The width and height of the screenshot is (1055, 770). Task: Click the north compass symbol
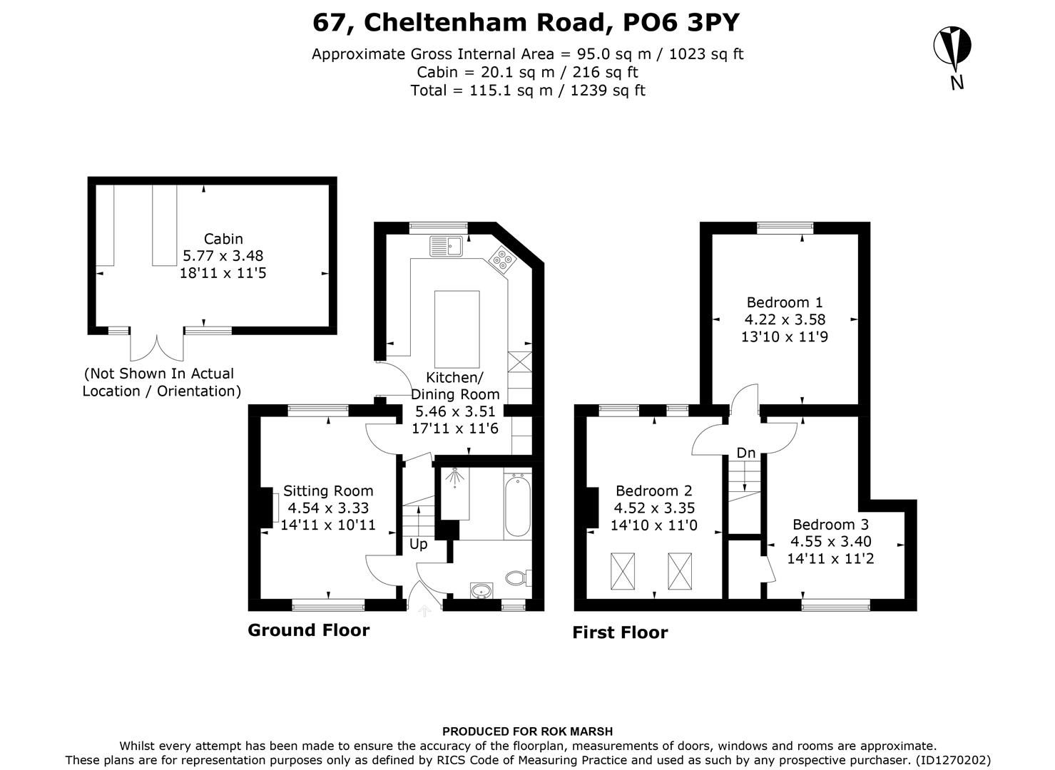(x=952, y=47)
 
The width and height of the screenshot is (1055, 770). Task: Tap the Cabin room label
(x=223, y=239)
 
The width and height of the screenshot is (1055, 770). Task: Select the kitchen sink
(x=447, y=246)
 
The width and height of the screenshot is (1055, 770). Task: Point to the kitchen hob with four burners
(x=502, y=260)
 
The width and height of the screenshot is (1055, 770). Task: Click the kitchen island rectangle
(x=457, y=328)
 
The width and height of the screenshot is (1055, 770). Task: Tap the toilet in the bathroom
(x=516, y=577)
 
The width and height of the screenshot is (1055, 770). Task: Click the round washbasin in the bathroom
(x=481, y=590)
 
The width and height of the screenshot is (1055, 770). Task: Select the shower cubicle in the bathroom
(x=453, y=492)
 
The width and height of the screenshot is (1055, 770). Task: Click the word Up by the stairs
(x=418, y=544)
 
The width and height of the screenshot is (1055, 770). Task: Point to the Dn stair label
(x=745, y=453)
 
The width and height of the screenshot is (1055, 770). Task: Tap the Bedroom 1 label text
(x=784, y=302)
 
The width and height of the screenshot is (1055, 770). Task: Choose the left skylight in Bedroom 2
(x=621, y=571)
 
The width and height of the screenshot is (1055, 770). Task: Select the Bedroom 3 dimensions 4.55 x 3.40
(x=830, y=542)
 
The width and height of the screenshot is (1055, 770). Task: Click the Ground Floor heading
(x=308, y=630)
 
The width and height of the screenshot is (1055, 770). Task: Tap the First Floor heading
(x=620, y=632)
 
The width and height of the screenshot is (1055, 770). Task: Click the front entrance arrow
(x=424, y=610)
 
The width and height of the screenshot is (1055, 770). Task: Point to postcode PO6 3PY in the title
(x=681, y=23)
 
